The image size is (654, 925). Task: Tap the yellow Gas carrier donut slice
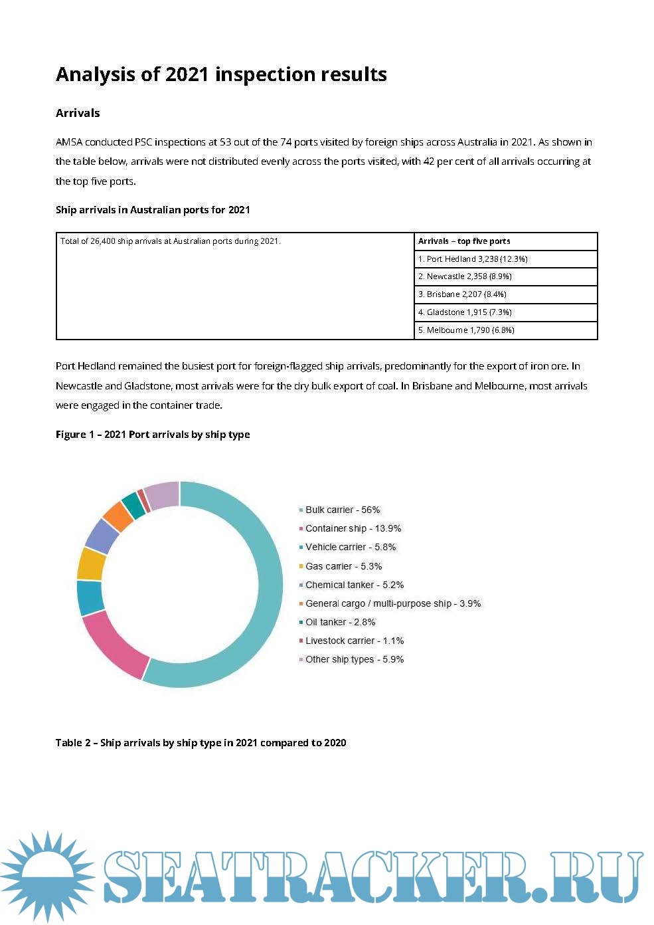[x=92, y=564]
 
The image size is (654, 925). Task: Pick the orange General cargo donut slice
[x=118, y=516]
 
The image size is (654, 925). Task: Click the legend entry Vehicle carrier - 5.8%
[x=350, y=547]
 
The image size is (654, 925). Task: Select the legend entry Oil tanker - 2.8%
[x=340, y=622]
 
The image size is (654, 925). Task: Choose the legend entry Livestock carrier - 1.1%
[x=354, y=641]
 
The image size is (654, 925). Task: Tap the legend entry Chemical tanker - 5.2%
[x=354, y=585]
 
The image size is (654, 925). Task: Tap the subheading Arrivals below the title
[x=78, y=113]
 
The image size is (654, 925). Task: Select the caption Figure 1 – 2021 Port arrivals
[x=153, y=435]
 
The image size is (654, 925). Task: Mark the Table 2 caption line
[x=201, y=743]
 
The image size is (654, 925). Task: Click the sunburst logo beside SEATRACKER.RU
[x=46, y=876]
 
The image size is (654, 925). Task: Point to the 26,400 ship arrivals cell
[x=171, y=241]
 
